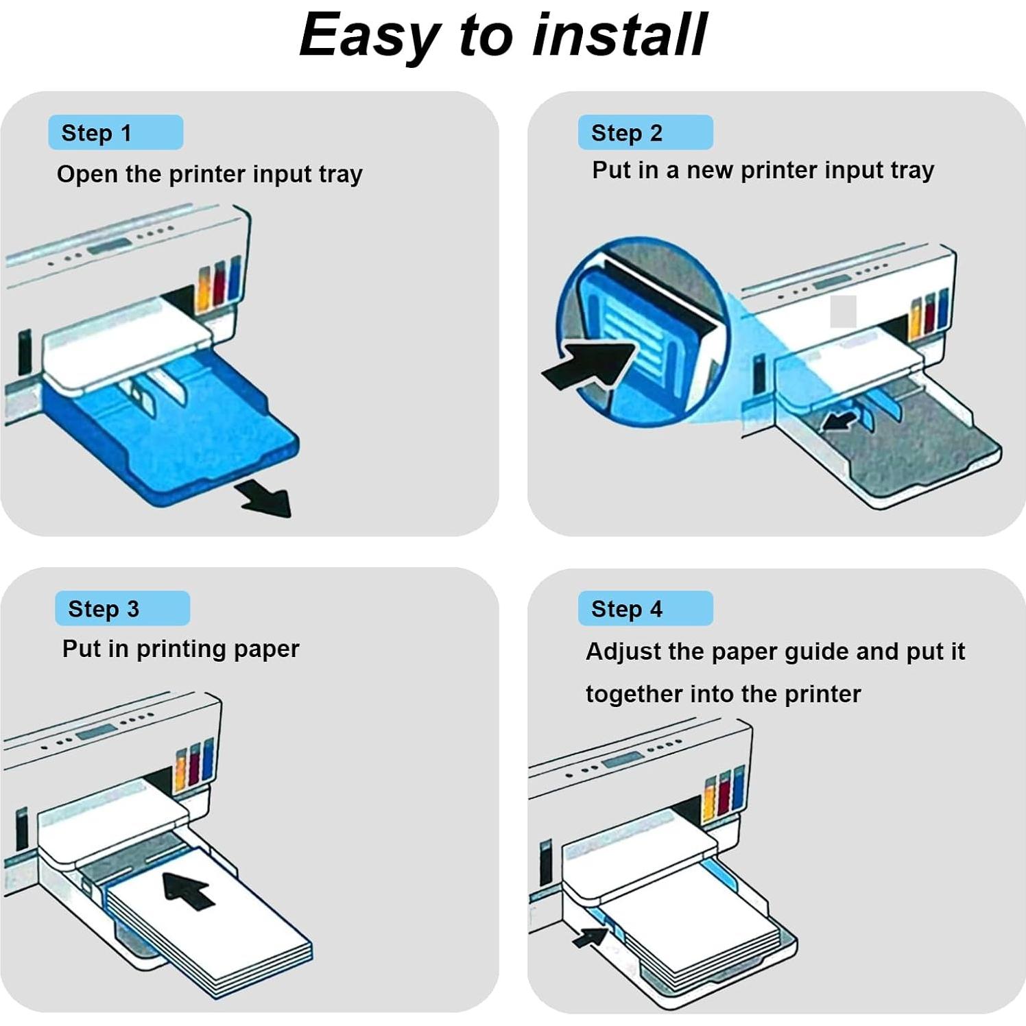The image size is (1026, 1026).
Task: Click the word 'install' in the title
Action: [x=619, y=36]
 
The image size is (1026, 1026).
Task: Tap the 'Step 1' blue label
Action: [x=115, y=132]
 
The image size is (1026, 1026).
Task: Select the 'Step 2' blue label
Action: [x=645, y=132]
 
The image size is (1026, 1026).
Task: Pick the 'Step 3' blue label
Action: [x=122, y=608]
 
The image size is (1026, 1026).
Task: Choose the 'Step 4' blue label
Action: [x=645, y=608]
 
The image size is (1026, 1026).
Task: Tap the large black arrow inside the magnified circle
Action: [x=590, y=363]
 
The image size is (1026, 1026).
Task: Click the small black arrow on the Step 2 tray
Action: [x=839, y=419]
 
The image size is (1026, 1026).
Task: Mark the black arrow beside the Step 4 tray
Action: [x=590, y=935]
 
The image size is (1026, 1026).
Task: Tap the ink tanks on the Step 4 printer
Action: [x=724, y=792]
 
